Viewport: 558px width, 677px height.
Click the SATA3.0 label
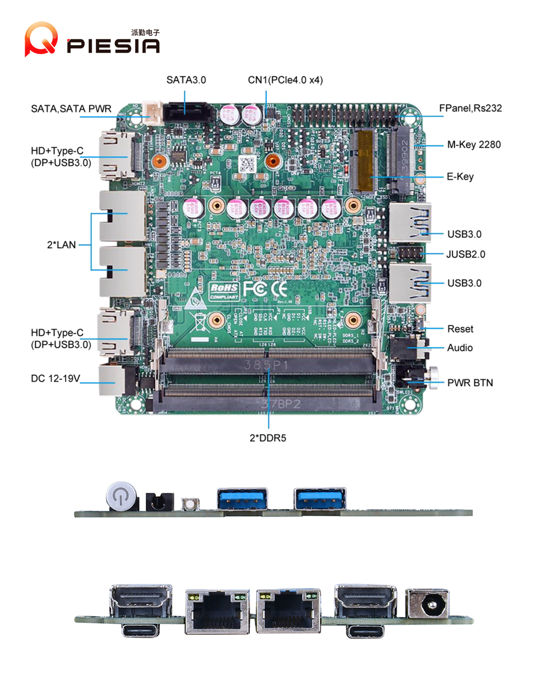pos(186,80)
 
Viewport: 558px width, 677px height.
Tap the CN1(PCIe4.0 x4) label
pos(285,80)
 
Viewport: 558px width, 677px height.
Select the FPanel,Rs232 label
pos(470,108)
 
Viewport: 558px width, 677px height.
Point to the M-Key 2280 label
pos(473,144)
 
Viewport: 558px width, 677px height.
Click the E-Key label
pos(460,177)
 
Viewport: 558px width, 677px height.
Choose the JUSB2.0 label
pos(465,254)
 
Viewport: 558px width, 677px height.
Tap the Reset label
pos(460,329)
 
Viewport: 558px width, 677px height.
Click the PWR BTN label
pos(470,383)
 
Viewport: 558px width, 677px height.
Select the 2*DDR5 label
pos(268,438)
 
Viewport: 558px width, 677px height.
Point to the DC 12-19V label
pos(56,378)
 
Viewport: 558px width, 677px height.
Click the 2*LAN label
pos(61,245)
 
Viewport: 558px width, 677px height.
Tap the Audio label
pos(460,348)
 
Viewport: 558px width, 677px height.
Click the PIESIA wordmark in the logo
pos(113,46)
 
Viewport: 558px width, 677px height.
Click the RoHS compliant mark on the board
pos(224,291)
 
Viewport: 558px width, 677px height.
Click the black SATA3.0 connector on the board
pos(186,113)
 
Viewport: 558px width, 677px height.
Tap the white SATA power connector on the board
pos(153,111)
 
